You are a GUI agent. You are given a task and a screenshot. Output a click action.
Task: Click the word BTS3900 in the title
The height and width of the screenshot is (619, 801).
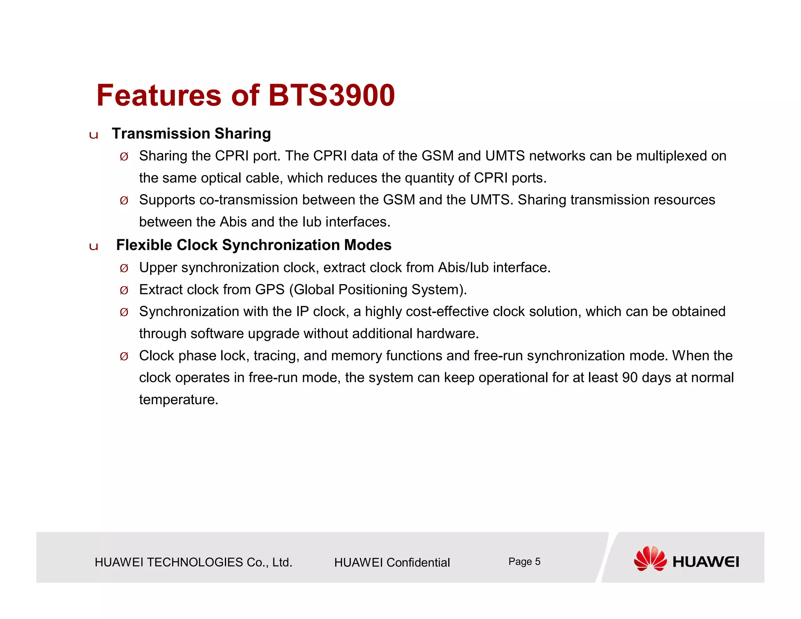pyautogui.click(x=331, y=95)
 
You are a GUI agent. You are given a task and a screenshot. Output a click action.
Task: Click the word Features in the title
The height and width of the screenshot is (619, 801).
pyautogui.click(x=159, y=95)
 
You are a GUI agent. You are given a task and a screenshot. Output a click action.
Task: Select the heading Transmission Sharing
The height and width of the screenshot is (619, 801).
pyautogui.click(x=191, y=134)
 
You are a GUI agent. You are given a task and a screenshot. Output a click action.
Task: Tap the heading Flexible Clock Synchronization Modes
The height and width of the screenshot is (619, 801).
pyautogui.click(x=253, y=245)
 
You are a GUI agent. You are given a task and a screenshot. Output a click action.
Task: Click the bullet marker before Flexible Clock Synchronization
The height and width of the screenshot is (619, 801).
pyautogui.click(x=93, y=247)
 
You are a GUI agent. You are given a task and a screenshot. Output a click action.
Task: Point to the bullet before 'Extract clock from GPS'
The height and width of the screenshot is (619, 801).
pyautogui.click(x=124, y=290)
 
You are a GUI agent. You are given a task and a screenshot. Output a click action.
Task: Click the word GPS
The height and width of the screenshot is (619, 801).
pyautogui.click(x=269, y=290)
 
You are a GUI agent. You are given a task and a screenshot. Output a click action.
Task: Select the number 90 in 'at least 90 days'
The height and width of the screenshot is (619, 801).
pyautogui.click(x=630, y=378)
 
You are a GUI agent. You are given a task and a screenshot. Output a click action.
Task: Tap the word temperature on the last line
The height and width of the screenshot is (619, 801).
pyautogui.click(x=178, y=400)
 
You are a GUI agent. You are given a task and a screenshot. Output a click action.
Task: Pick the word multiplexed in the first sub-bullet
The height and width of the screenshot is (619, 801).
pyautogui.click(x=671, y=156)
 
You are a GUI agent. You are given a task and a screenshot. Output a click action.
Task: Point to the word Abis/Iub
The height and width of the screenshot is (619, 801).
pyautogui.click(x=463, y=268)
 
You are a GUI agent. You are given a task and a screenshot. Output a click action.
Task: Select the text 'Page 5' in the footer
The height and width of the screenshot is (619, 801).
pyautogui.click(x=524, y=562)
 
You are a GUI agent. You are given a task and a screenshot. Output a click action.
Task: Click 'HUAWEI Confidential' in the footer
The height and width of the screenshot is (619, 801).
pyautogui.click(x=392, y=563)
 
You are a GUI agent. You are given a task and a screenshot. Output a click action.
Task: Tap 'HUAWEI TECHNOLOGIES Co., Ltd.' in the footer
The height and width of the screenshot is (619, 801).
pyautogui.click(x=194, y=563)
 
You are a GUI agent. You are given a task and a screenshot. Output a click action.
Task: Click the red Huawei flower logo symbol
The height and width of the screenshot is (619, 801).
pyautogui.click(x=650, y=559)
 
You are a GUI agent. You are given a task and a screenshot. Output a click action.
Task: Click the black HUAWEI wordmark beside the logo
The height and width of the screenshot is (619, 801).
pyautogui.click(x=706, y=562)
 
